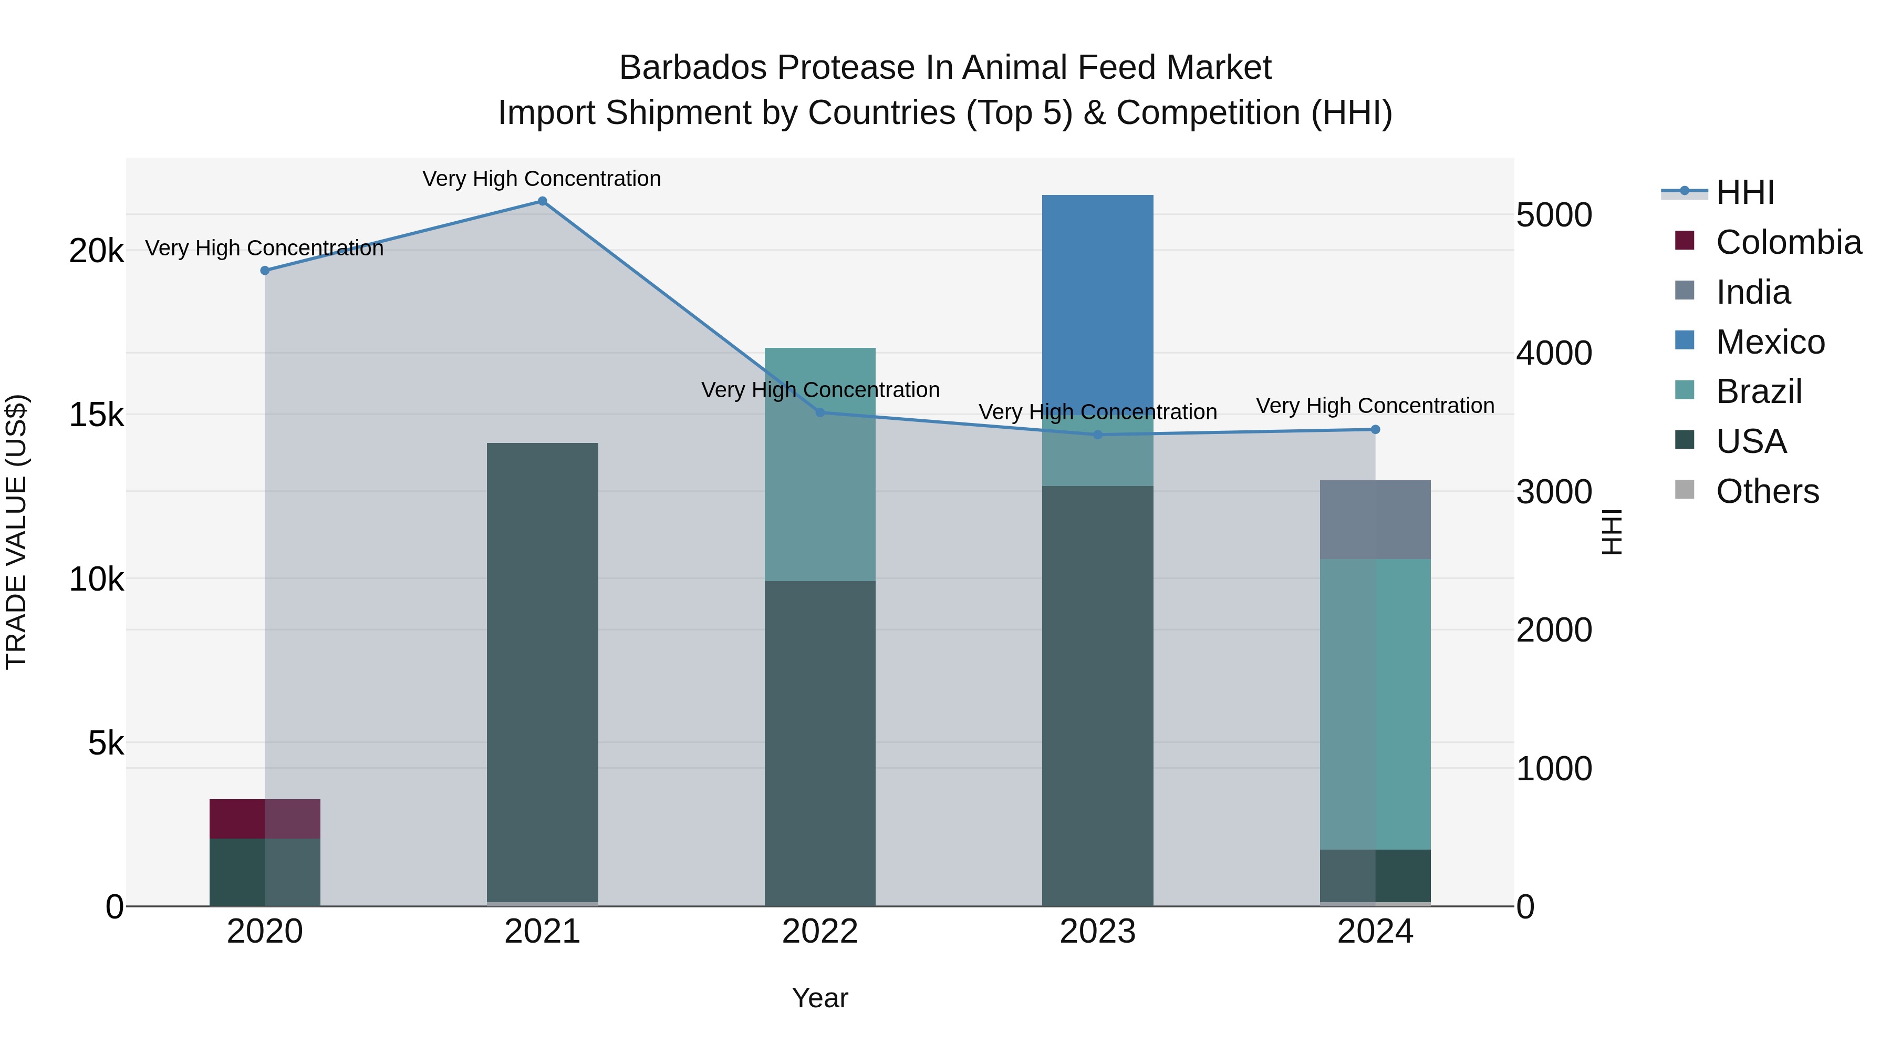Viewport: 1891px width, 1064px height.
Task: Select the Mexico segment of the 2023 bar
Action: point(1097,294)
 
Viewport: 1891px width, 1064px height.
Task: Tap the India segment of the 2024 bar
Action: point(1375,519)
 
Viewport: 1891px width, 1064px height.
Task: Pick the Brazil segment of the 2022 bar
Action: point(820,464)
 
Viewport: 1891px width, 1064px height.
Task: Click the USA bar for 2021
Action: point(543,672)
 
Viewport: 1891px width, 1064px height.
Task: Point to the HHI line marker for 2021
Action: point(543,201)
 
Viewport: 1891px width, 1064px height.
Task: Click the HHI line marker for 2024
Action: point(1375,430)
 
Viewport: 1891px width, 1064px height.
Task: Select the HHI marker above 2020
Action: point(265,270)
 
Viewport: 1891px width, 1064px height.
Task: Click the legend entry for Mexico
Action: point(1769,342)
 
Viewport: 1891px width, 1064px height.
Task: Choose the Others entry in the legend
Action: point(1766,491)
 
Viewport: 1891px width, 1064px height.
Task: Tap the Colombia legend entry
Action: point(1788,242)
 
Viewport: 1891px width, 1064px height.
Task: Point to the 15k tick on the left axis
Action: point(96,416)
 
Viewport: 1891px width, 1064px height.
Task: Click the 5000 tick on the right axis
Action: point(1553,215)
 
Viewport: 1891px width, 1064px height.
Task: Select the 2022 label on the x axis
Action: point(820,932)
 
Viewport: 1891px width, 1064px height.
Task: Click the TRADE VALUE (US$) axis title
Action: point(16,532)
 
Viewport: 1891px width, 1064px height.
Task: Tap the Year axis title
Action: point(820,998)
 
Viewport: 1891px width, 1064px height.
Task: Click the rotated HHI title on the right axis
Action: point(1612,532)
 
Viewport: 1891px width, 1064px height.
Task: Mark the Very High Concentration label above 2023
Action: point(1097,412)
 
